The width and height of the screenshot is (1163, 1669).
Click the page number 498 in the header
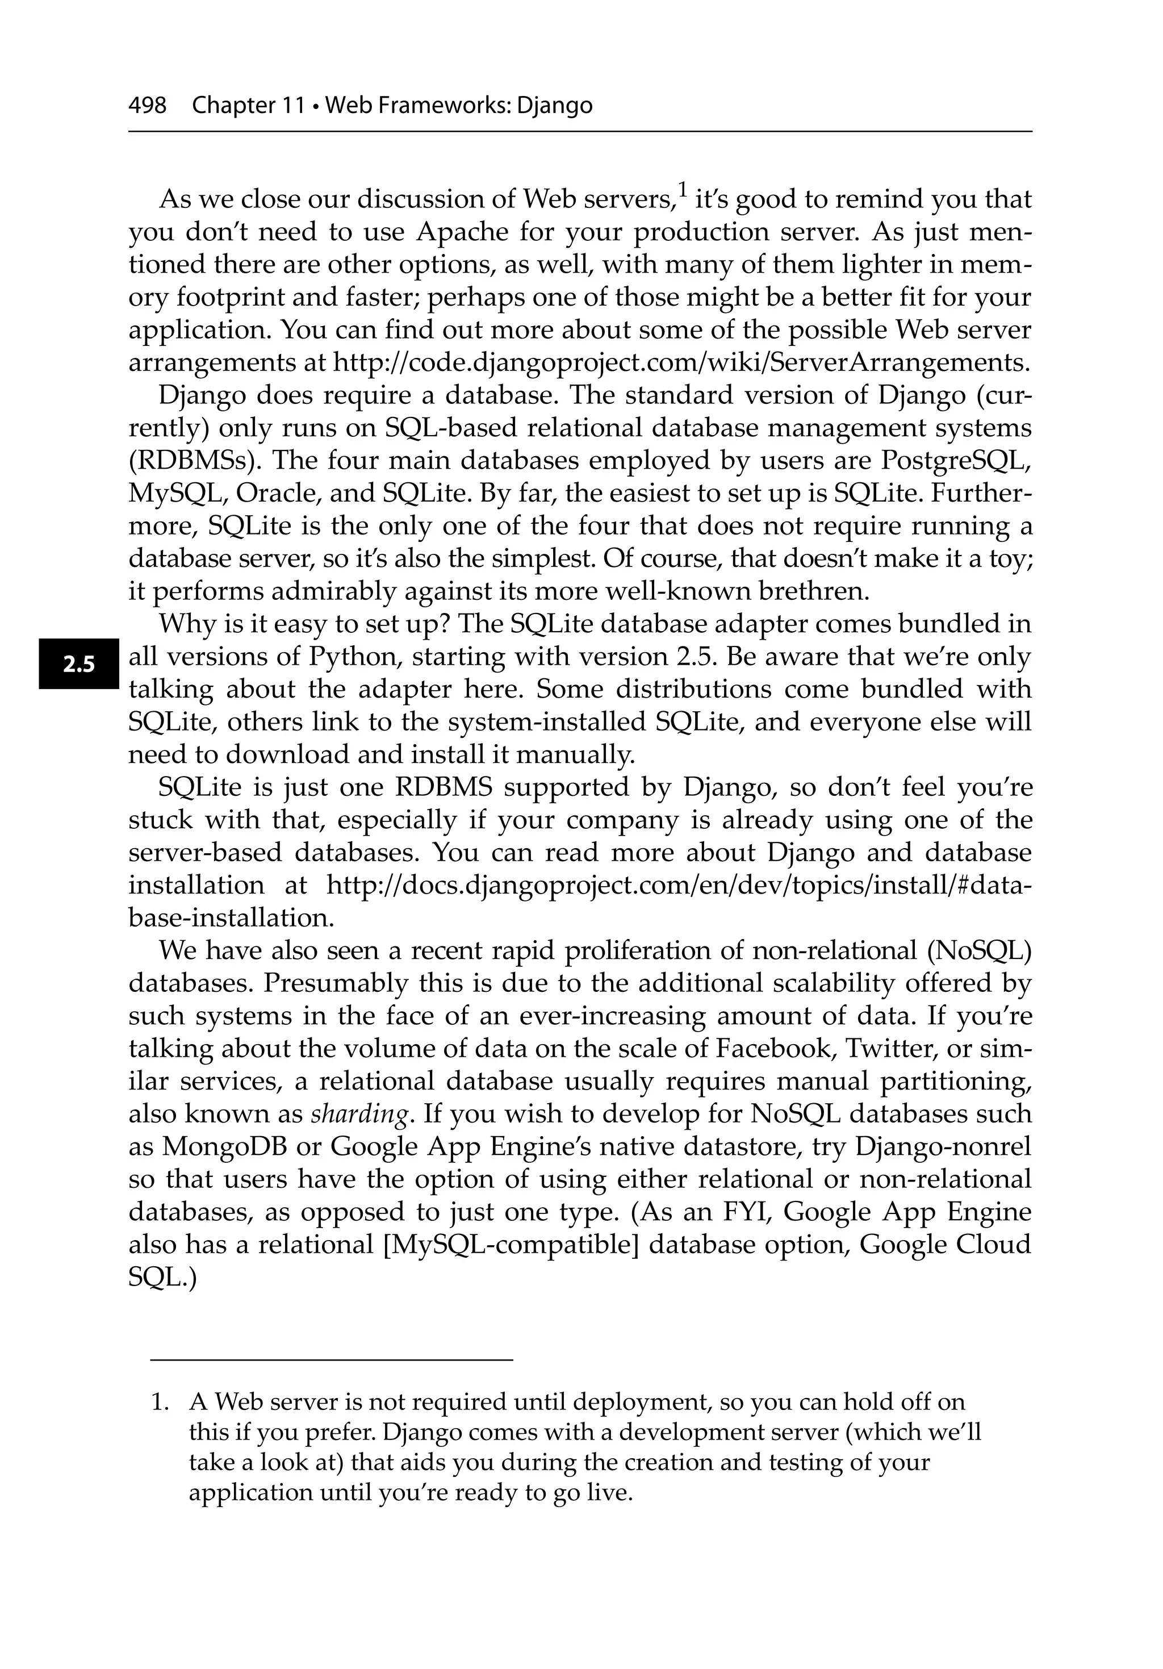(147, 106)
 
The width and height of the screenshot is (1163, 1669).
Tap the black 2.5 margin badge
(78, 664)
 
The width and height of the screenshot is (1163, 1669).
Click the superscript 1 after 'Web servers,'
(682, 190)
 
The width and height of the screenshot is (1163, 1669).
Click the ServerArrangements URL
(681, 362)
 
